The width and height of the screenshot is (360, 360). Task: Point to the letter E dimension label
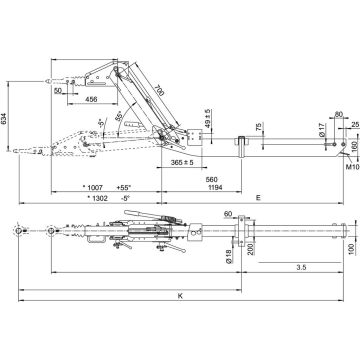coord(258,199)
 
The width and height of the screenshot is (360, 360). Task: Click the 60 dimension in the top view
coord(229,214)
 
